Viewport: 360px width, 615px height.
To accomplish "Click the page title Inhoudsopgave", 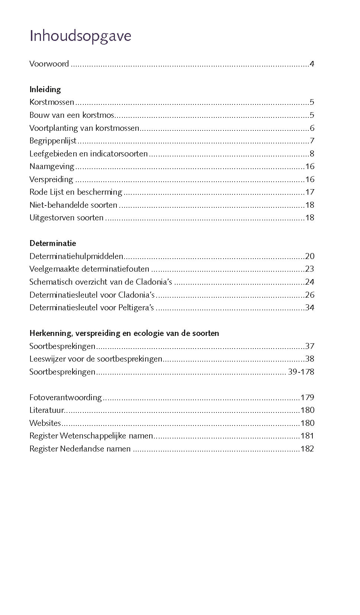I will tap(80, 36).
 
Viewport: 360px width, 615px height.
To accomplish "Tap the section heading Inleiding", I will tap(45, 89).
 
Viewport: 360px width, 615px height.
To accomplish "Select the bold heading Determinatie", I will tap(52, 243).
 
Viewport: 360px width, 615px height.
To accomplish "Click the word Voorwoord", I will tap(49, 64).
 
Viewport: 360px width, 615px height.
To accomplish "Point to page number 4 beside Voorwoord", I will tap(312, 64).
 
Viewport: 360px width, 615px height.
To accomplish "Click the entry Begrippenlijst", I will tap(53, 141).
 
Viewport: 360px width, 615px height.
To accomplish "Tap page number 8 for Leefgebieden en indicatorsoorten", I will tap(312, 154).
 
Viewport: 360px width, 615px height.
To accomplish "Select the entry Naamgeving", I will tap(52, 166).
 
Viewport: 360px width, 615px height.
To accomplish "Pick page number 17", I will tap(309, 192).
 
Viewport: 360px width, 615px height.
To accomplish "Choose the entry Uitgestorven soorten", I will tap(66, 218).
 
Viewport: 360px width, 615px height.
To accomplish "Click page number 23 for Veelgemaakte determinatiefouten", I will tap(309, 269).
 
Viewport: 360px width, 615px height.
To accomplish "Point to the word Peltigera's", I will tap(136, 308).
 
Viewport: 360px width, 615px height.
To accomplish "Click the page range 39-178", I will tap(301, 372).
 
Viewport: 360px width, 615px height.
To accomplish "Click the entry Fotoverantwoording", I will tap(65, 398).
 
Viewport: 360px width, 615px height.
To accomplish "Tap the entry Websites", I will tap(45, 423).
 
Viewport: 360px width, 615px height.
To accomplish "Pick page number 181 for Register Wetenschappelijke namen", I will tap(307, 436).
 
